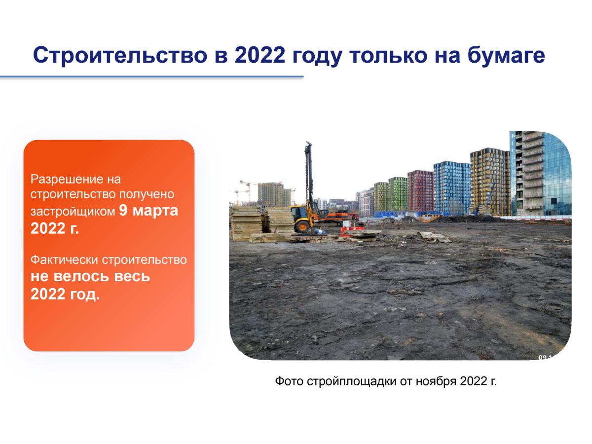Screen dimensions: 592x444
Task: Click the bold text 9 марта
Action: [148, 211]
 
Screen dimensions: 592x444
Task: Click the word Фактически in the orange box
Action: [64, 260]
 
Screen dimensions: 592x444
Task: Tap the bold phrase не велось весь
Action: [90, 277]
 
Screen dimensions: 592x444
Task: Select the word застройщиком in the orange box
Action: [73, 212]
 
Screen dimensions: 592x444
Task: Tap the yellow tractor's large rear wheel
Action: [302, 227]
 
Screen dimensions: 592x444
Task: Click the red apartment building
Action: [420, 191]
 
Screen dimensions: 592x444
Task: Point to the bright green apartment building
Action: [398, 194]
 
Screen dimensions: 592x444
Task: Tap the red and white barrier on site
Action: [352, 230]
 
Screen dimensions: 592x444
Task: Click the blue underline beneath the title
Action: [151, 77]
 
